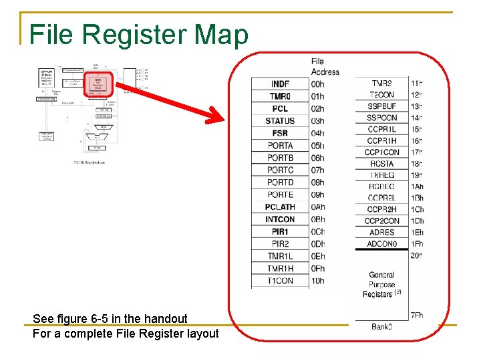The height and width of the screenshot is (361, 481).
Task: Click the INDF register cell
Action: (280, 84)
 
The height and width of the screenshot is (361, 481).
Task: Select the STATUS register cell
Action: (280, 121)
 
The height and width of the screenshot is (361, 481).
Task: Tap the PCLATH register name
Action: (280, 207)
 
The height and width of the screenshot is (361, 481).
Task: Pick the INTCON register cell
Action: (280, 219)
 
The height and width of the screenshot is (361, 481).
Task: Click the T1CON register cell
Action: (280, 281)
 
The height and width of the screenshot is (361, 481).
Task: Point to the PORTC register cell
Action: (280, 170)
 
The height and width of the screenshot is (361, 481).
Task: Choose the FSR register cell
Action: (280, 133)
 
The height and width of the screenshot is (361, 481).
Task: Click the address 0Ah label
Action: (318, 207)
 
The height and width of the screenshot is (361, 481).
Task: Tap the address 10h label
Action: (318, 281)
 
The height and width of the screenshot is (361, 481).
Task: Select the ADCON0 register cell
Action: (381, 244)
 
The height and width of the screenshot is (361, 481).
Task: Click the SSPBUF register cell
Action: (381, 106)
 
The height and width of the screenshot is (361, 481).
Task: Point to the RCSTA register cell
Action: (381, 164)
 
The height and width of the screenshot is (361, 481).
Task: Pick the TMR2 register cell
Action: (381, 84)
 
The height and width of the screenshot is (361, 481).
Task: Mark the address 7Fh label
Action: (417, 316)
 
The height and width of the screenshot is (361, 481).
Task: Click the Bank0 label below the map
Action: (381, 326)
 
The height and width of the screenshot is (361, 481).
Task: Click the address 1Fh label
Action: (417, 244)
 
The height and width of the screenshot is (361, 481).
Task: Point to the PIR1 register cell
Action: (280, 232)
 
